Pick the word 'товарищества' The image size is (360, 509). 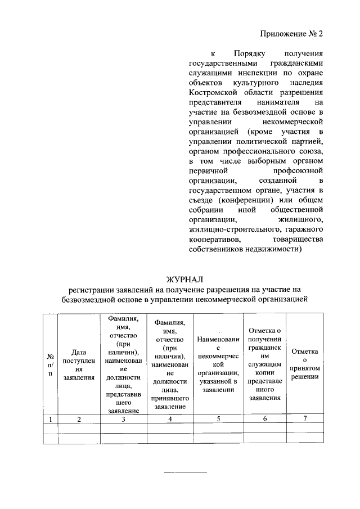[x=298, y=240]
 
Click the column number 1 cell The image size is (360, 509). [x=50, y=418]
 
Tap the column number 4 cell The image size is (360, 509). [x=169, y=418]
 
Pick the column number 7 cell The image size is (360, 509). [x=305, y=418]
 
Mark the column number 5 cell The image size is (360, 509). [x=219, y=418]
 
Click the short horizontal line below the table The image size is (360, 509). [x=177, y=472]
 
